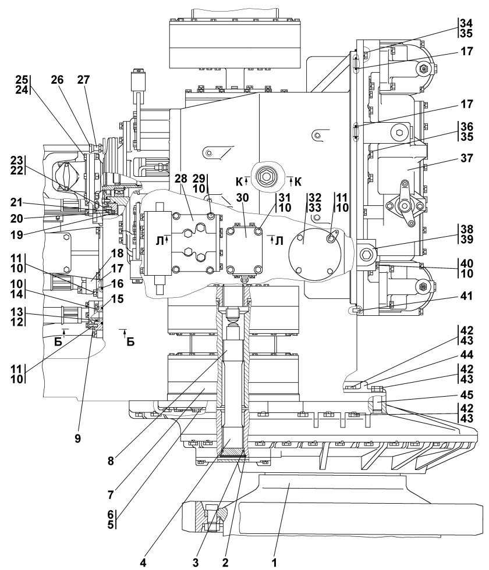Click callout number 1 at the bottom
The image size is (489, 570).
[x=275, y=562]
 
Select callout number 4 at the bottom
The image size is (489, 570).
[x=143, y=562]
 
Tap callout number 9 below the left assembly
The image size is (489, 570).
[x=77, y=439]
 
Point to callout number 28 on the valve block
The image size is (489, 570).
[x=180, y=179]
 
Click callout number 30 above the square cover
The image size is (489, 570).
[x=243, y=197]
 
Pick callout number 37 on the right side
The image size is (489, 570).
[x=466, y=158]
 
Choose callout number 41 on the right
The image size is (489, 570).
[x=466, y=296]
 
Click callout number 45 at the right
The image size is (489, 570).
[x=467, y=394]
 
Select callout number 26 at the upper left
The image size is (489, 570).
[x=57, y=80]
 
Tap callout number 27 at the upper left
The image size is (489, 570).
[x=83, y=80]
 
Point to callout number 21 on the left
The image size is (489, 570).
[x=16, y=202]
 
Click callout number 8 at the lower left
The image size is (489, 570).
[x=111, y=461]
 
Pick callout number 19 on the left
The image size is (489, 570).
[x=16, y=235]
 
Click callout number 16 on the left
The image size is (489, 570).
[x=117, y=283]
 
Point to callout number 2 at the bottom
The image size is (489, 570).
[x=225, y=562]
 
